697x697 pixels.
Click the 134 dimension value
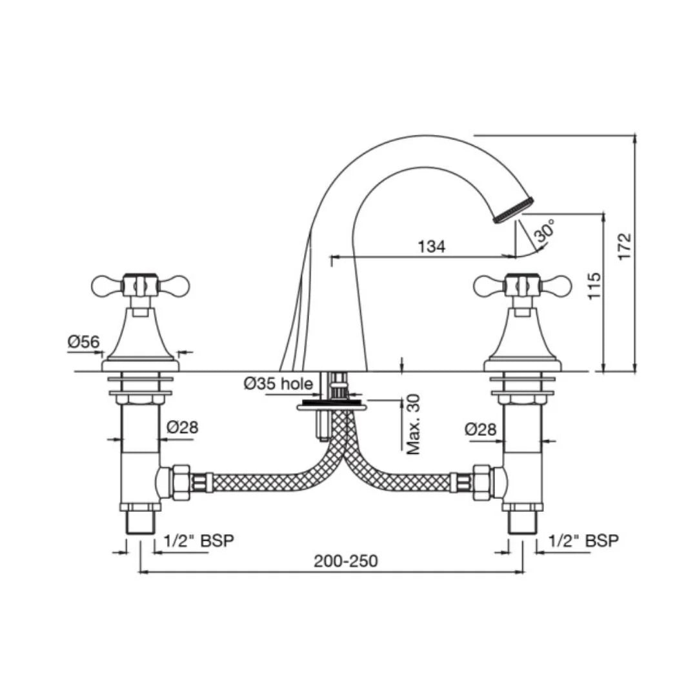(432, 247)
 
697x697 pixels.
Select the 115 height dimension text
(594, 285)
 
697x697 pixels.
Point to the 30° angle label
(544, 231)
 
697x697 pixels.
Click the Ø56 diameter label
(84, 342)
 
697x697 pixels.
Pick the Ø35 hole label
(278, 384)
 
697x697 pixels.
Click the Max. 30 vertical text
(413, 424)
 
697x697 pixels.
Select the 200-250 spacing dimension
(346, 561)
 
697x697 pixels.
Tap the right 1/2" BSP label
(583, 541)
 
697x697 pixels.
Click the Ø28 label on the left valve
(183, 427)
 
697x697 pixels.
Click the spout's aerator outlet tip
(514, 210)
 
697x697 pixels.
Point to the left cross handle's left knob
(103, 284)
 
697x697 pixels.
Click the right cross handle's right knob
(560, 284)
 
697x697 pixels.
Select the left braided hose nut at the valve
(181, 481)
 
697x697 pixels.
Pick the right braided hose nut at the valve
(482, 481)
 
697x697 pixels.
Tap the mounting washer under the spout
(331, 407)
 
